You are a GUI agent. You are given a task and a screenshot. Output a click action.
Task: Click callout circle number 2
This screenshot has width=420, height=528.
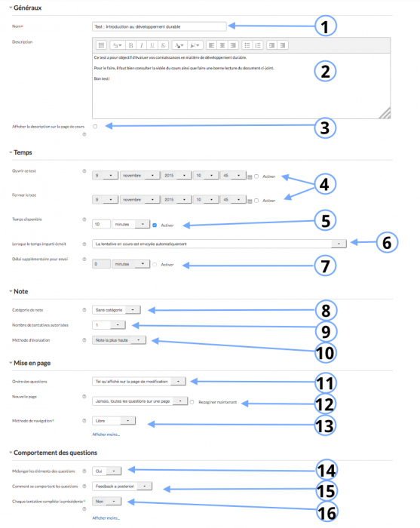pos(324,72)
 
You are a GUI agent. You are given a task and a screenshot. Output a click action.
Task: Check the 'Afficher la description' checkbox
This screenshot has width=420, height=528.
pos(95,126)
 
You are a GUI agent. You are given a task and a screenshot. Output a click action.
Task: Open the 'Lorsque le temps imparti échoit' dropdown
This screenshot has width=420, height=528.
pos(219,244)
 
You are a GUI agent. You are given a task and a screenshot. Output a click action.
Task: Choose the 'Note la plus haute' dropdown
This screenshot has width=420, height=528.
pos(124,340)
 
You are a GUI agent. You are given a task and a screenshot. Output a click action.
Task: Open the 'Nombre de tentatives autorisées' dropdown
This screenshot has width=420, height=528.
pos(109,324)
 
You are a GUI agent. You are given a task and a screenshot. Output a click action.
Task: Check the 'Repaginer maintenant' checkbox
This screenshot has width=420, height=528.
pos(192,402)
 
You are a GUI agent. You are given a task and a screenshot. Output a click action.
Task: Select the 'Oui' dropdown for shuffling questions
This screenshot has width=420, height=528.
pos(106,470)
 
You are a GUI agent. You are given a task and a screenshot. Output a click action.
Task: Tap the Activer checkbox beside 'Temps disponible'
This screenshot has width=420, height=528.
pos(155,224)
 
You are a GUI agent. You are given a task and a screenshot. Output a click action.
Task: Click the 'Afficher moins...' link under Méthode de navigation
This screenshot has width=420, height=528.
pos(106,434)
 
